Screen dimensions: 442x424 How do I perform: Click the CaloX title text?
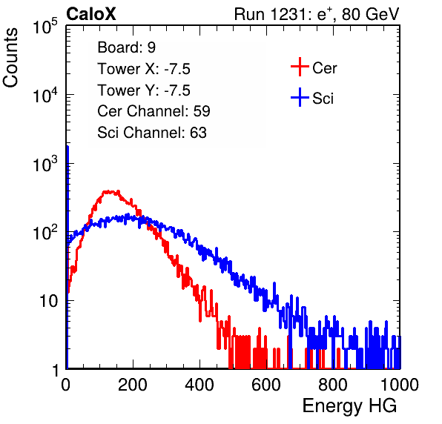click(x=90, y=14)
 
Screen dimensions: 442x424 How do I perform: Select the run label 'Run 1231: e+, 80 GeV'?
click(x=317, y=14)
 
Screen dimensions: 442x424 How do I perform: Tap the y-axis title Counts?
click(x=10, y=58)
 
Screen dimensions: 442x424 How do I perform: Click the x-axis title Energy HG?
click(x=349, y=406)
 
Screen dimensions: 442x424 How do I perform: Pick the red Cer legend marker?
click(x=300, y=67)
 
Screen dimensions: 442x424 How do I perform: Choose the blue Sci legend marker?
click(x=300, y=97)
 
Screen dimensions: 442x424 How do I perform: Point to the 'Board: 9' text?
click(x=127, y=47)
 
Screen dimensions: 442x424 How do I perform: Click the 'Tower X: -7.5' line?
click(x=144, y=69)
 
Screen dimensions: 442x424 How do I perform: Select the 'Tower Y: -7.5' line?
click(x=144, y=90)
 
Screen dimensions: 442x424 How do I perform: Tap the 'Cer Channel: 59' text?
click(x=154, y=111)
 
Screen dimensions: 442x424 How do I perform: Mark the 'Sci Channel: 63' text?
click(x=152, y=133)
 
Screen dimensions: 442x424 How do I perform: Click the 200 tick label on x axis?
click(x=133, y=385)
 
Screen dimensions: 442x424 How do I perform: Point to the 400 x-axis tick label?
click(x=199, y=385)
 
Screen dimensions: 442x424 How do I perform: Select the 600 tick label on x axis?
click(x=266, y=385)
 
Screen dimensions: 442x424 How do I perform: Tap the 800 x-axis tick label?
click(x=333, y=385)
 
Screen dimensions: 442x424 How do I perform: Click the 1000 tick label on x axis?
click(x=400, y=385)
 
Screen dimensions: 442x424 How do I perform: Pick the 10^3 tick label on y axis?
click(x=45, y=164)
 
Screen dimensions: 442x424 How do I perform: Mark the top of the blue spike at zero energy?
click(x=67, y=147)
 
